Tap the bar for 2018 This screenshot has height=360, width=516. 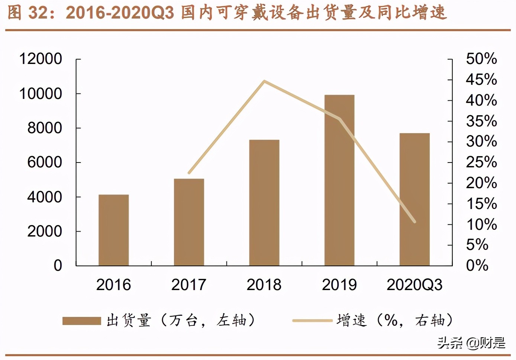pos(264,203)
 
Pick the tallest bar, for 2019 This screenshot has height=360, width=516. pos(339,180)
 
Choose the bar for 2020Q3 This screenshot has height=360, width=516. pos(415,199)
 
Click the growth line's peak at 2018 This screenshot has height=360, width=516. pos(264,81)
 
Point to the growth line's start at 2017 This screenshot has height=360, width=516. pos(189,173)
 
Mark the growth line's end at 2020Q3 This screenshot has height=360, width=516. pos(415,222)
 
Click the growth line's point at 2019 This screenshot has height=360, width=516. pos(339,119)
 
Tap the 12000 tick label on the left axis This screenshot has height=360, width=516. pos(41,59)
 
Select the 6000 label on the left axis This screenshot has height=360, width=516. pos(45,163)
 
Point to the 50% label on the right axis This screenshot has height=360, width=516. pos(481,59)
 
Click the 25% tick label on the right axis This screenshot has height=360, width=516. pos(481,162)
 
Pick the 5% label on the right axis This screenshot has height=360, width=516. pos(477,245)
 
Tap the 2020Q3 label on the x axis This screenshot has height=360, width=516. pos(415,285)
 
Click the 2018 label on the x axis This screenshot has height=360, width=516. pos(264,285)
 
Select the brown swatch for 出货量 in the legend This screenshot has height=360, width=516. pos(81,321)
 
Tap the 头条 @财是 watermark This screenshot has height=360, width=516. pos(471,343)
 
